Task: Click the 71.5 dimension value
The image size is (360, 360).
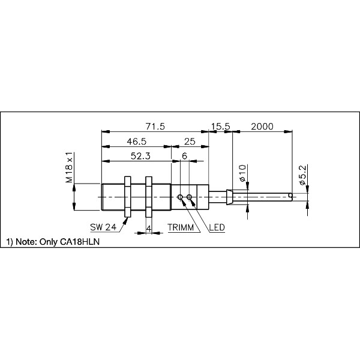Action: point(155,127)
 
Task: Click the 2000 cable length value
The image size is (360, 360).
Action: point(262,127)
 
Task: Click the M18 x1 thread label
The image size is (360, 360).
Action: point(70,168)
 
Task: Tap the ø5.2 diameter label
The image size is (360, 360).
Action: point(303,175)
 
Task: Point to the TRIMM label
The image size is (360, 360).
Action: point(181,228)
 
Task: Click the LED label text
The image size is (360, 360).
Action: point(217,228)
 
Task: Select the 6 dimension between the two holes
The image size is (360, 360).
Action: point(184,155)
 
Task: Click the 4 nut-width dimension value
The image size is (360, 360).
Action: point(149,228)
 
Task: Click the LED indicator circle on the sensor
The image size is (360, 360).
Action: point(190,197)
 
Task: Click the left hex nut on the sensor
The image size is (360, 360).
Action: point(127,196)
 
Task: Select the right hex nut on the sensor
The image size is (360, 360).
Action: point(149,196)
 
